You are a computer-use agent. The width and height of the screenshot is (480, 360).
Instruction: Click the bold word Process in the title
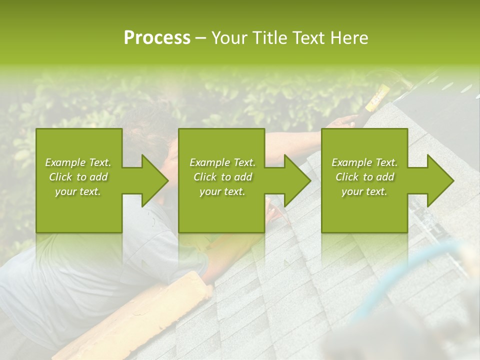click(x=157, y=37)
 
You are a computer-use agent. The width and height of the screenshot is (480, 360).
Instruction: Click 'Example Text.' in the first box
click(x=78, y=162)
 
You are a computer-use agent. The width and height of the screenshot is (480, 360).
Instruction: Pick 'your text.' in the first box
click(x=78, y=191)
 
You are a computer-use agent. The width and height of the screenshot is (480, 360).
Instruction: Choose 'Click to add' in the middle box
click(x=222, y=177)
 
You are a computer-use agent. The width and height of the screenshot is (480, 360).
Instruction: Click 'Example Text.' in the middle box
click(x=222, y=162)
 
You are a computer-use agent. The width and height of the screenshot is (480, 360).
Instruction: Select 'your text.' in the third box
click(x=364, y=191)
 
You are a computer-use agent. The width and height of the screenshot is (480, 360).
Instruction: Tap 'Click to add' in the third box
click(x=364, y=177)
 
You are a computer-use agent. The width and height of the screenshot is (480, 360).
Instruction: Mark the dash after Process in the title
click(x=201, y=38)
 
